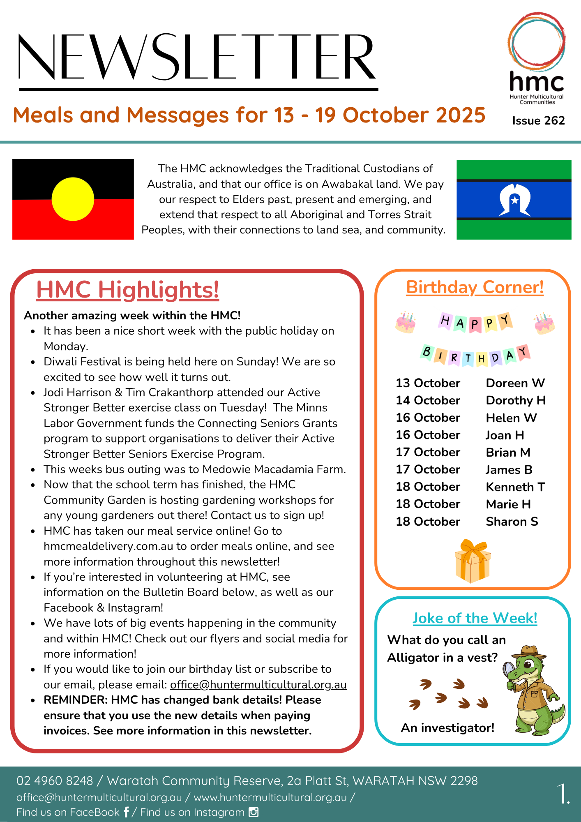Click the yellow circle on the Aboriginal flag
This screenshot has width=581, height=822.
73,199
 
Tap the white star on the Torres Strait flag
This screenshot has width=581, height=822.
514,201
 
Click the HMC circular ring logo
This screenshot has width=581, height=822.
536,41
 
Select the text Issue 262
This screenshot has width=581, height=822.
538,120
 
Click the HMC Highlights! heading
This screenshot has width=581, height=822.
127,290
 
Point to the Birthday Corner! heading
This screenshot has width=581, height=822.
475,287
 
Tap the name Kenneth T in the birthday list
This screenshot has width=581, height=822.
515,487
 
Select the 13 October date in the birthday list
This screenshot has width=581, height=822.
428,383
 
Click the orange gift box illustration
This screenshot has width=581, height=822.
473,562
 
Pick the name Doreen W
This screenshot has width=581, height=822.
515,383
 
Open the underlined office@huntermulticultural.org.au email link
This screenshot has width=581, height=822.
258,685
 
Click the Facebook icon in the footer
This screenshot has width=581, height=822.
126,812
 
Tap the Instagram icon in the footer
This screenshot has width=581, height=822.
254,812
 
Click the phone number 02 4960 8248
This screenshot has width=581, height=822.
55,780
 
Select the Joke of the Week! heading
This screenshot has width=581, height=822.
475,618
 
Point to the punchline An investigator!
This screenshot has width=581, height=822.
447,728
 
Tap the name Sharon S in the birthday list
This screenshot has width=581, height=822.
512,522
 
